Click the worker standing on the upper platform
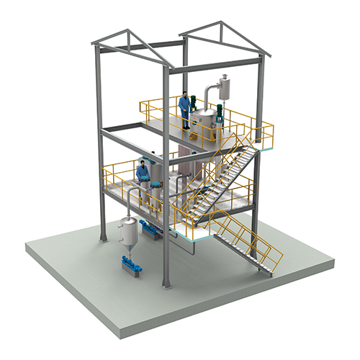pos(185,110)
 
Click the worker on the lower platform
pos(143,174)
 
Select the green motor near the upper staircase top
pos(219,112)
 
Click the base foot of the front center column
pos(167,285)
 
